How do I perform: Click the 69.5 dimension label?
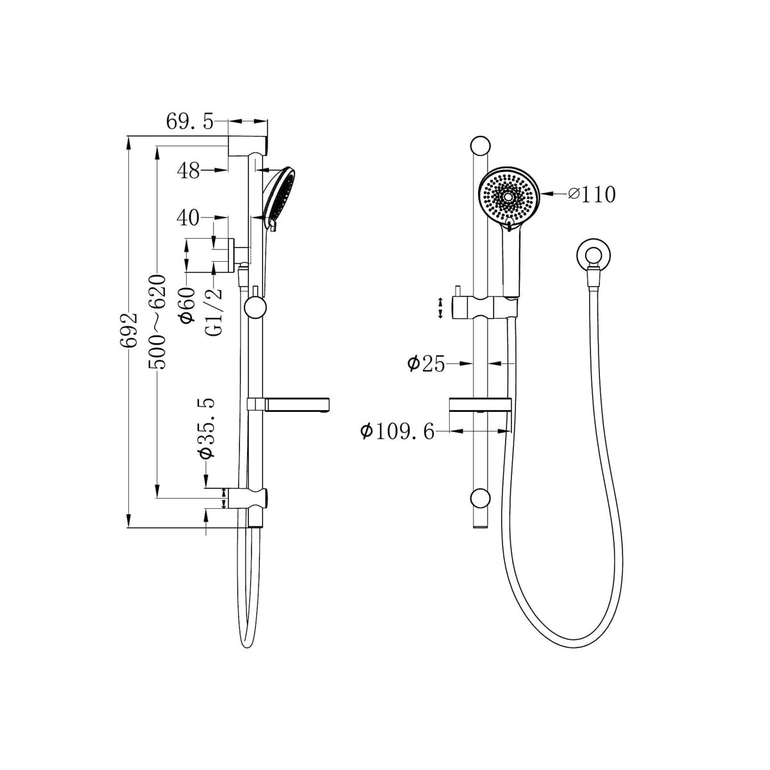189,122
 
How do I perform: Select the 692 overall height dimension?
130,330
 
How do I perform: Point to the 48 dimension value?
189,171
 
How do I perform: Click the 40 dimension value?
188,218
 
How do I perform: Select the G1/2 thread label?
216,311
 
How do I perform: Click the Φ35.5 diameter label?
207,428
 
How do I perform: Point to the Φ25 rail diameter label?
426,364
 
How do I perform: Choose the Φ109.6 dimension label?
397,431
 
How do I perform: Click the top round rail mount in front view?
479,146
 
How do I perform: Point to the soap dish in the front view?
480,404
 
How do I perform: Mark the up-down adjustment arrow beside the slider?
440,308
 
